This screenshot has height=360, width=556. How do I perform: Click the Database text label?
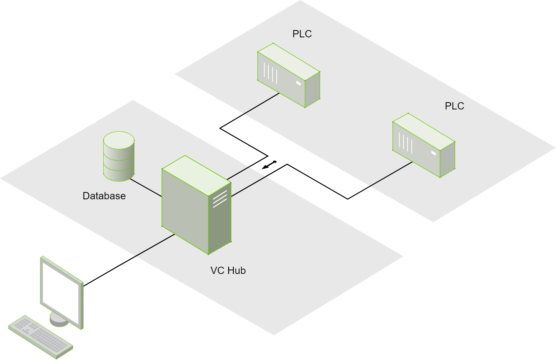[104, 196]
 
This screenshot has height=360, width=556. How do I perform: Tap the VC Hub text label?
[228, 270]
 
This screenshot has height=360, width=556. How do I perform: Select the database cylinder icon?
[119, 156]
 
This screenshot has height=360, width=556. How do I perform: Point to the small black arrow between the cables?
[269, 165]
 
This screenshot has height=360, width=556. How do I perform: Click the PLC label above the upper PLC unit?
[302, 34]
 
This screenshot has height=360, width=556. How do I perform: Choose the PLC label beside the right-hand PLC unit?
[454, 106]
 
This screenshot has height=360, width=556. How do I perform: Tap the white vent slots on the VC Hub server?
[220, 199]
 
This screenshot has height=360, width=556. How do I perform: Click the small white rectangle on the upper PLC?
[298, 83]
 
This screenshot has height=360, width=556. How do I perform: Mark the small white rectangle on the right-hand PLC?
[433, 153]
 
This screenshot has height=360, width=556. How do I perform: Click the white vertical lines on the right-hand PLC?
[406, 143]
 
